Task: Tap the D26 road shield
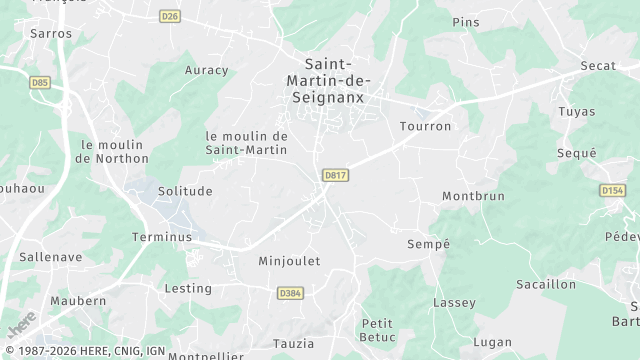(170, 16)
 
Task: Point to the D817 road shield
(335, 175)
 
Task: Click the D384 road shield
(290, 293)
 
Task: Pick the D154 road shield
(612, 190)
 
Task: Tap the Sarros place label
(51, 34)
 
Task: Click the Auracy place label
(207, 71)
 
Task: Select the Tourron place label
(425, 127)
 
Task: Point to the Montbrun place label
(473, 197)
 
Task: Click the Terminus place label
(161, 238)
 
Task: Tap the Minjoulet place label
(289, 262)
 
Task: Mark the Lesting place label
(188, 289)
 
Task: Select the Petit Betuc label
(378, 330)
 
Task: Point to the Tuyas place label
(577, 111)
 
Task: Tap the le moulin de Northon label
(112, 151)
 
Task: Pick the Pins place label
(466, 22)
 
